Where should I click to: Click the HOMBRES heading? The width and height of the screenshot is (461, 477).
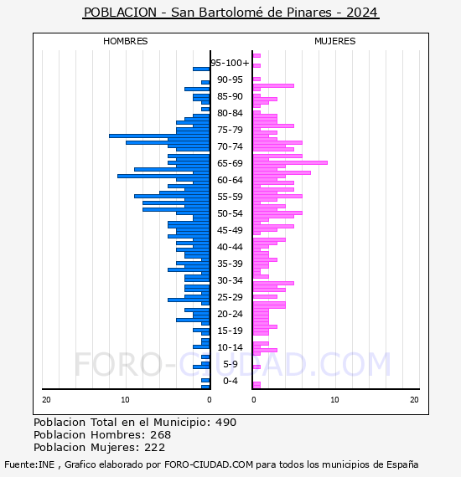[125, 41]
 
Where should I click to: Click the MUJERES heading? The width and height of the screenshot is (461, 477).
[335, 41]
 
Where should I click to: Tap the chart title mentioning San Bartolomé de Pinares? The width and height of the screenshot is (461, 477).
[230, 13]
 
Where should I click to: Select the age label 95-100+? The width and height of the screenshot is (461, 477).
[230, 63]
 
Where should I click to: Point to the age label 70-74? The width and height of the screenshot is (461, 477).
[230, 146]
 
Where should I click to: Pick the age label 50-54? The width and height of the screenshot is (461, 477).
[230, 213]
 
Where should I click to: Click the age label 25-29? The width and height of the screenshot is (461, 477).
[230, 297]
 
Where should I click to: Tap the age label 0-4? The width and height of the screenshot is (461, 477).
[230, 381]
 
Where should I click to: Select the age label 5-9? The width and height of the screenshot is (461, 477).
[230, 364]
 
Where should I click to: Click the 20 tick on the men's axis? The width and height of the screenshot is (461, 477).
[46, 400]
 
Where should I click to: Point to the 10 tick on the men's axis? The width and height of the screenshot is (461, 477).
[125, 400]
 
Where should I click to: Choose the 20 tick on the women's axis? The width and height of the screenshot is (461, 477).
[414, 400]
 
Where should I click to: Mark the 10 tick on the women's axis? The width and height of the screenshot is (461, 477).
[335, 400]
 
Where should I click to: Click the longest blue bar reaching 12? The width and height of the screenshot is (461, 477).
[159, 136]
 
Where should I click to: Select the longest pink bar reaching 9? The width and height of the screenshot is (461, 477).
[290, 162]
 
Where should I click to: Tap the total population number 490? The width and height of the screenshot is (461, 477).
[225, 423]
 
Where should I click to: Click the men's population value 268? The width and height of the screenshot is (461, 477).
[161, 434]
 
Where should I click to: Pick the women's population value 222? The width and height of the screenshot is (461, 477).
[154, 447]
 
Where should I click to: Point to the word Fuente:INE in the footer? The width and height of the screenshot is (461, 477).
[29, 464]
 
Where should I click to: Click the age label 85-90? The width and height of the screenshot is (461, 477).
[230, 96]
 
